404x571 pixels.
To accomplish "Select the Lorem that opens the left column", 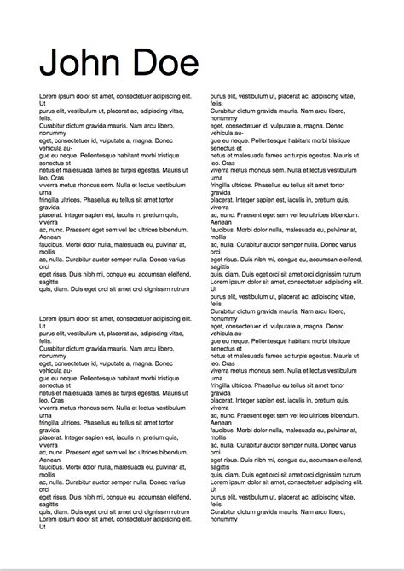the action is pos(49,96).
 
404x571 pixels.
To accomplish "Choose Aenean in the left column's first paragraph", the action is pos(50,237).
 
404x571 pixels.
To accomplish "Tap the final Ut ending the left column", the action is pos(43,526).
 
